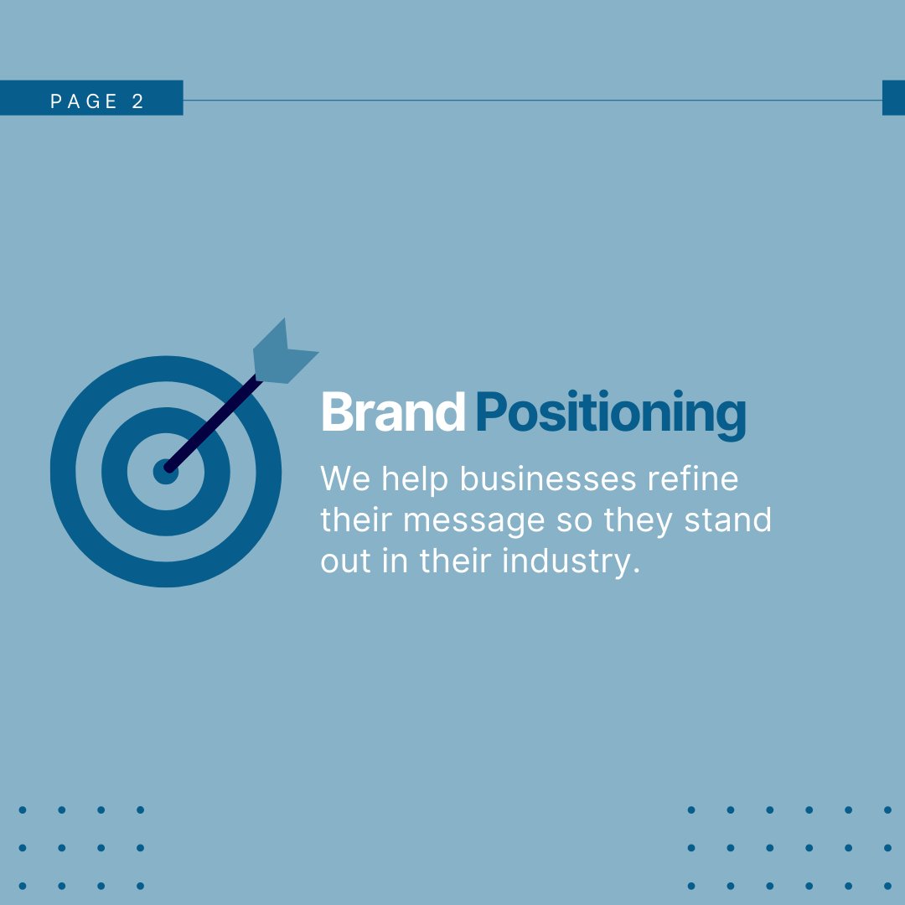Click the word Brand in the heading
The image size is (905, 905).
point(392,412)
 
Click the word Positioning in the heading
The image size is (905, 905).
point(610,414)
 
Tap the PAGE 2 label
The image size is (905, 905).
point(96,101)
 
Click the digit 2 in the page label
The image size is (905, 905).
point(138,101)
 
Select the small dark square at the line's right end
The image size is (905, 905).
point(893,98)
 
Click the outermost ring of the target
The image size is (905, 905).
point(63,472)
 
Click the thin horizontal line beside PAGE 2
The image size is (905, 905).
point(528,101)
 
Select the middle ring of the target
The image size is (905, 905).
point(114,472)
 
